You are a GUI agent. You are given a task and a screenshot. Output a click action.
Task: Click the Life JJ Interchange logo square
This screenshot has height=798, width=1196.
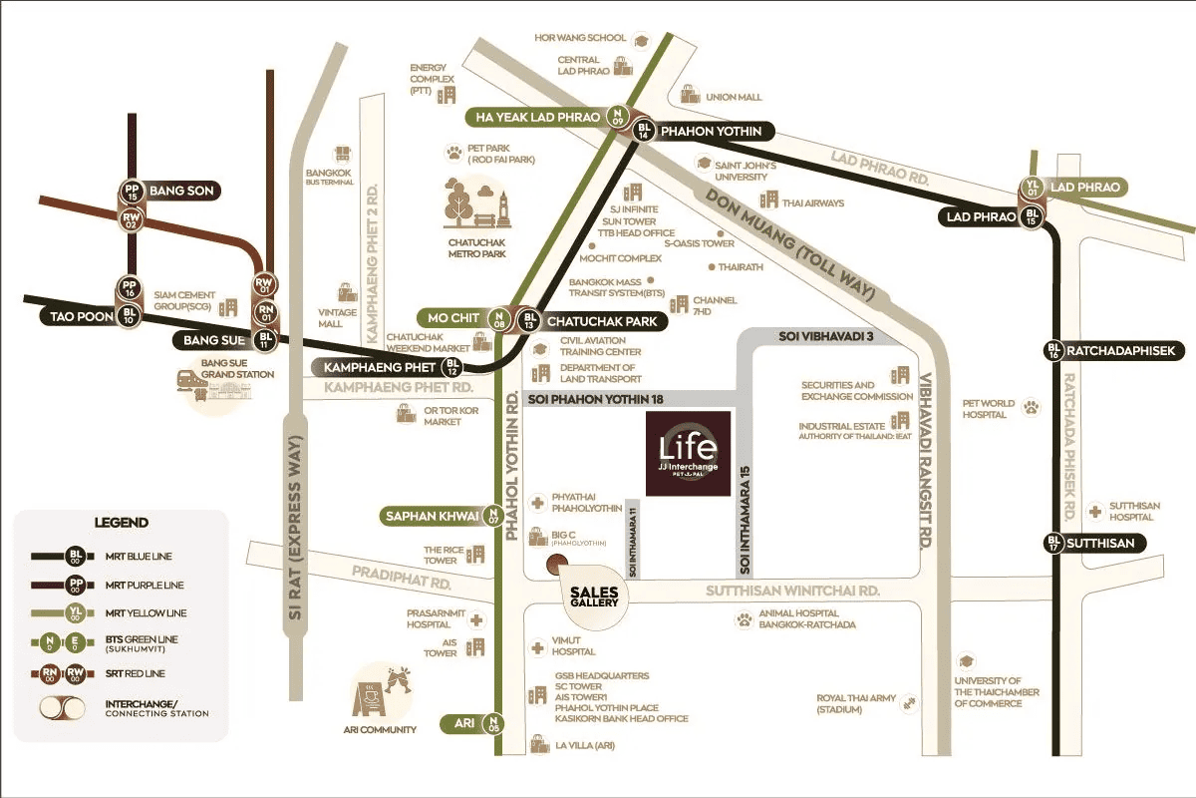688,453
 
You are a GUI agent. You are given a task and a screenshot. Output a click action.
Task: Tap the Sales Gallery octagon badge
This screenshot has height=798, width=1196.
595,596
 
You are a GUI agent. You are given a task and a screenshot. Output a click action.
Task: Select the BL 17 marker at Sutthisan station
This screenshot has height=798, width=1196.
1053,544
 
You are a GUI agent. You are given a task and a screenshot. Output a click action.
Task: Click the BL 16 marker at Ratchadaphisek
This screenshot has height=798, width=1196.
1053,350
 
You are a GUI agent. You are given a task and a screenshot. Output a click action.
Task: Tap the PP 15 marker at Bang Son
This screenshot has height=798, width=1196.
131,190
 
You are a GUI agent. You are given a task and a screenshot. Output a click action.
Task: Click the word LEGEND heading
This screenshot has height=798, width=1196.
121,522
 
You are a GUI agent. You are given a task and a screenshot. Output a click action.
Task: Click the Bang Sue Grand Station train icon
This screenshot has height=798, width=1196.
188,379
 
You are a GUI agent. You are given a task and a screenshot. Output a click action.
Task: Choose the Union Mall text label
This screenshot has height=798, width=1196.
734,97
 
